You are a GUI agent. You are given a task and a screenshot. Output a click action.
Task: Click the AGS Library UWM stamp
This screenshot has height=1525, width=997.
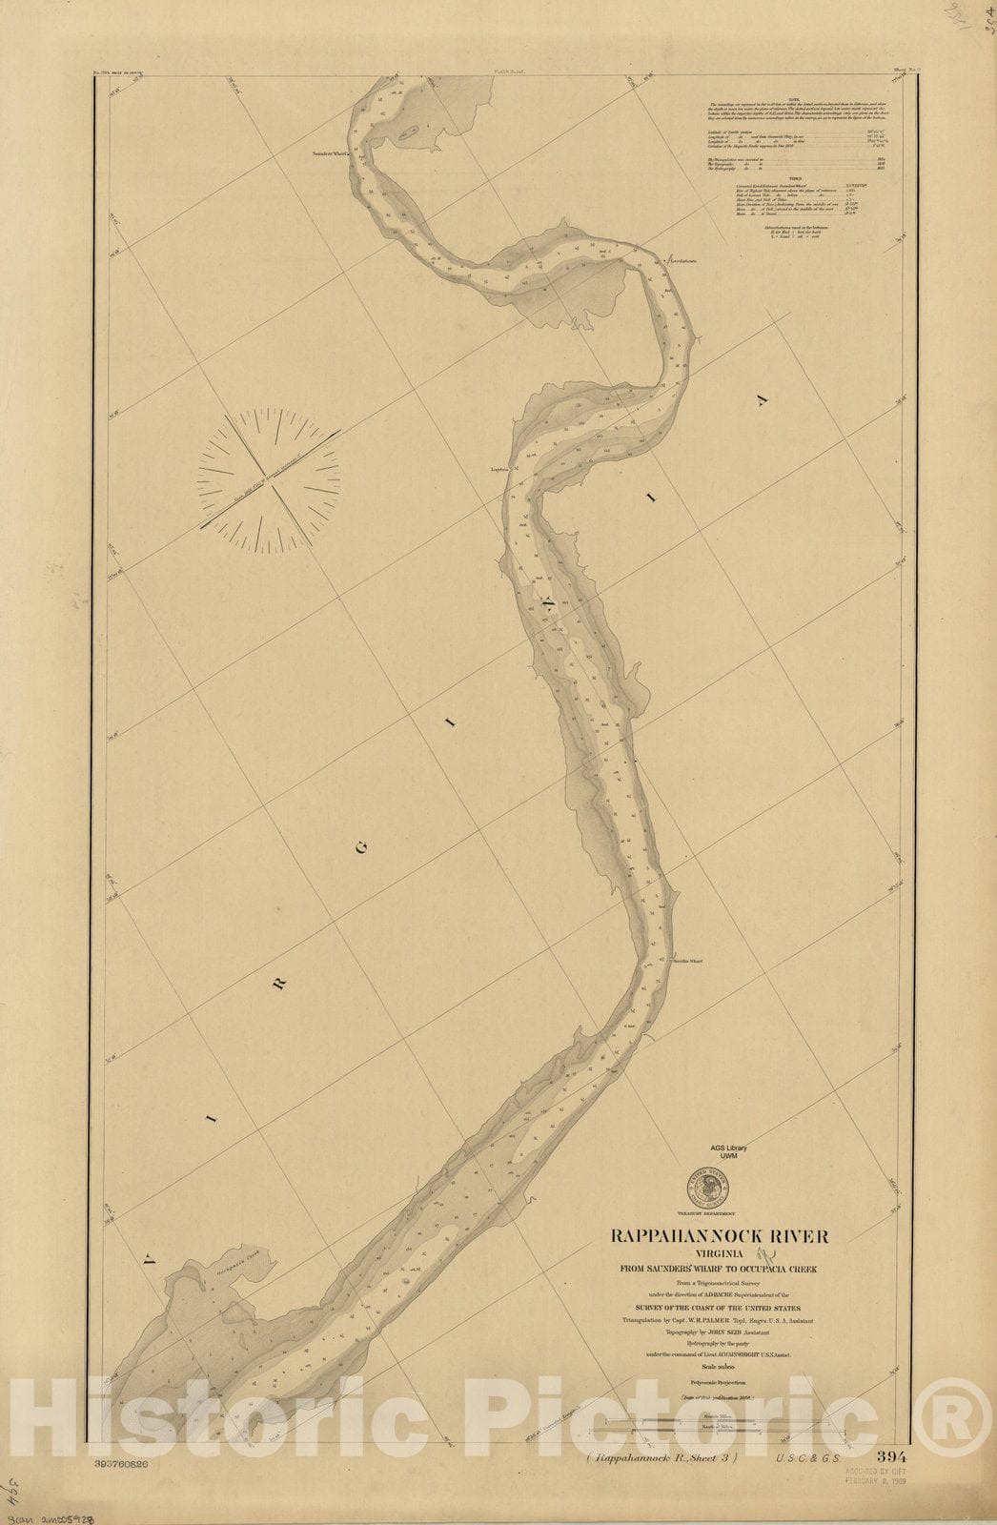point(728,1151)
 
